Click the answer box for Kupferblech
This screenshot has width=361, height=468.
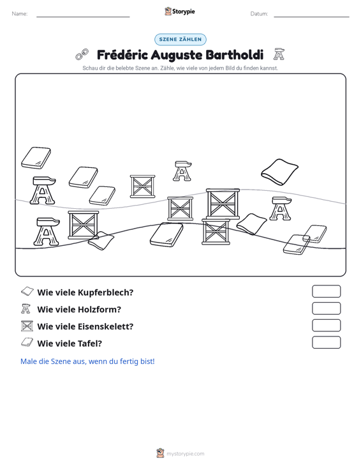326,291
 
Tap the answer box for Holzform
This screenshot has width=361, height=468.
326,308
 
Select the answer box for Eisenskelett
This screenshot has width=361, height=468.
326,326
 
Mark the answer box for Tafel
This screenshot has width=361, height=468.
326,342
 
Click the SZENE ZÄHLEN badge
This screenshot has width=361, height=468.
180,40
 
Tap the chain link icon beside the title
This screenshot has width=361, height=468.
82,54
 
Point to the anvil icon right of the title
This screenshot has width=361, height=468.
279,54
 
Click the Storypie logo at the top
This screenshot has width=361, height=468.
180,11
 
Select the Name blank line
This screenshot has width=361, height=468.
83,17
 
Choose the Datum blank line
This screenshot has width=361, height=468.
311,17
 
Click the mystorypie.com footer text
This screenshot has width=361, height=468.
185,454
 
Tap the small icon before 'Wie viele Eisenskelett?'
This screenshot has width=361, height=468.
27,326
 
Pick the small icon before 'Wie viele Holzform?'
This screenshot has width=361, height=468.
26,308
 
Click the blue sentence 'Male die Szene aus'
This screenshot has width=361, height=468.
87,361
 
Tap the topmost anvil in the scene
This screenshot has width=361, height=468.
182,171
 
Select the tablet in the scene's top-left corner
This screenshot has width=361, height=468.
36,158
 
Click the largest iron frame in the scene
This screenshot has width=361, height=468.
223,204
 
